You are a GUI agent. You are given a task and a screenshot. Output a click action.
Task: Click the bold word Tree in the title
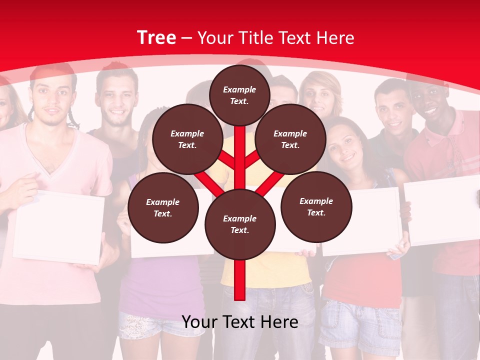(x=156, y=38)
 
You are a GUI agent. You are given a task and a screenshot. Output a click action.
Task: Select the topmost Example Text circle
(x=239, y=95)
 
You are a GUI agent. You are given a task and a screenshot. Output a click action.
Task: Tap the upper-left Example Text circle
(x=187, y=139)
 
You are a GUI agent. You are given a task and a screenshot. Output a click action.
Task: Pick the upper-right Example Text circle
(x=290, y=139)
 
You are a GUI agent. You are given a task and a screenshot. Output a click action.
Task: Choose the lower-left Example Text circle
(x=163, y=207)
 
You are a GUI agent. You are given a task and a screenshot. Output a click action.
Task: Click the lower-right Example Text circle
(x=316, y=206)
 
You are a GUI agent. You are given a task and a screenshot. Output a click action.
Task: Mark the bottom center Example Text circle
(x=240, y=224)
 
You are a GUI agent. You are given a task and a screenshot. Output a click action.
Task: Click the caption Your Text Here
(x=240, y=322)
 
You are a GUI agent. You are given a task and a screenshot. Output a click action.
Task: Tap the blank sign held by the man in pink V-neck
(x=59, y=227)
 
